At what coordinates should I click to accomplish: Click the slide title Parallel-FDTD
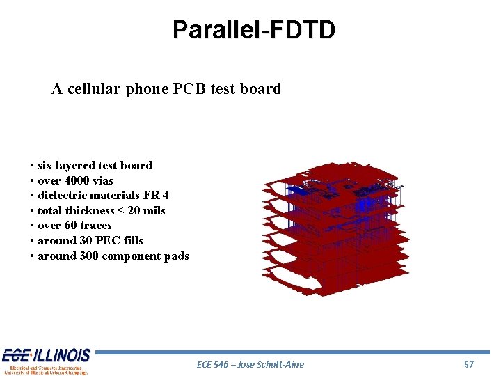point(254,30)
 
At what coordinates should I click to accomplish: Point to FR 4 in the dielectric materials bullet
point(156,195)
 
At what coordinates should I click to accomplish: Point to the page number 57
point(468,364)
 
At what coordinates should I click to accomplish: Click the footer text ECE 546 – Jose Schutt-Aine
point(250,364)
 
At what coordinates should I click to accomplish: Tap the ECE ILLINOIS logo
point(46,361)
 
